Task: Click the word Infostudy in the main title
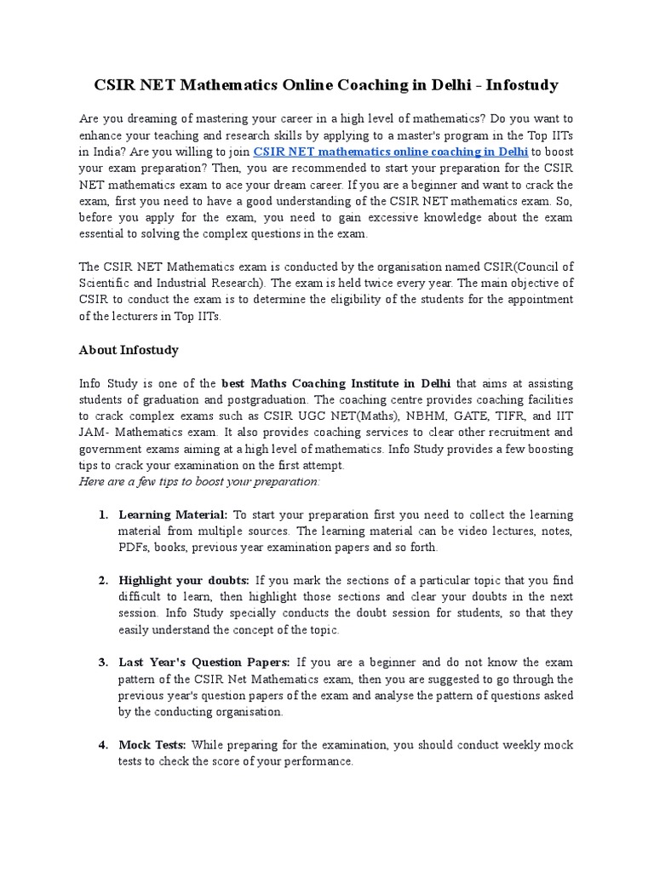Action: click(x=519, y=85)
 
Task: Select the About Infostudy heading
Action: click(x=129, y=350)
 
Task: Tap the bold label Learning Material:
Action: click(x=173, y=515)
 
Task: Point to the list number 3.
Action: click(x=102, y=663)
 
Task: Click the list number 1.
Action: click(x=102, y=515)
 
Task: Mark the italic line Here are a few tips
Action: click(x=199, y=481)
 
